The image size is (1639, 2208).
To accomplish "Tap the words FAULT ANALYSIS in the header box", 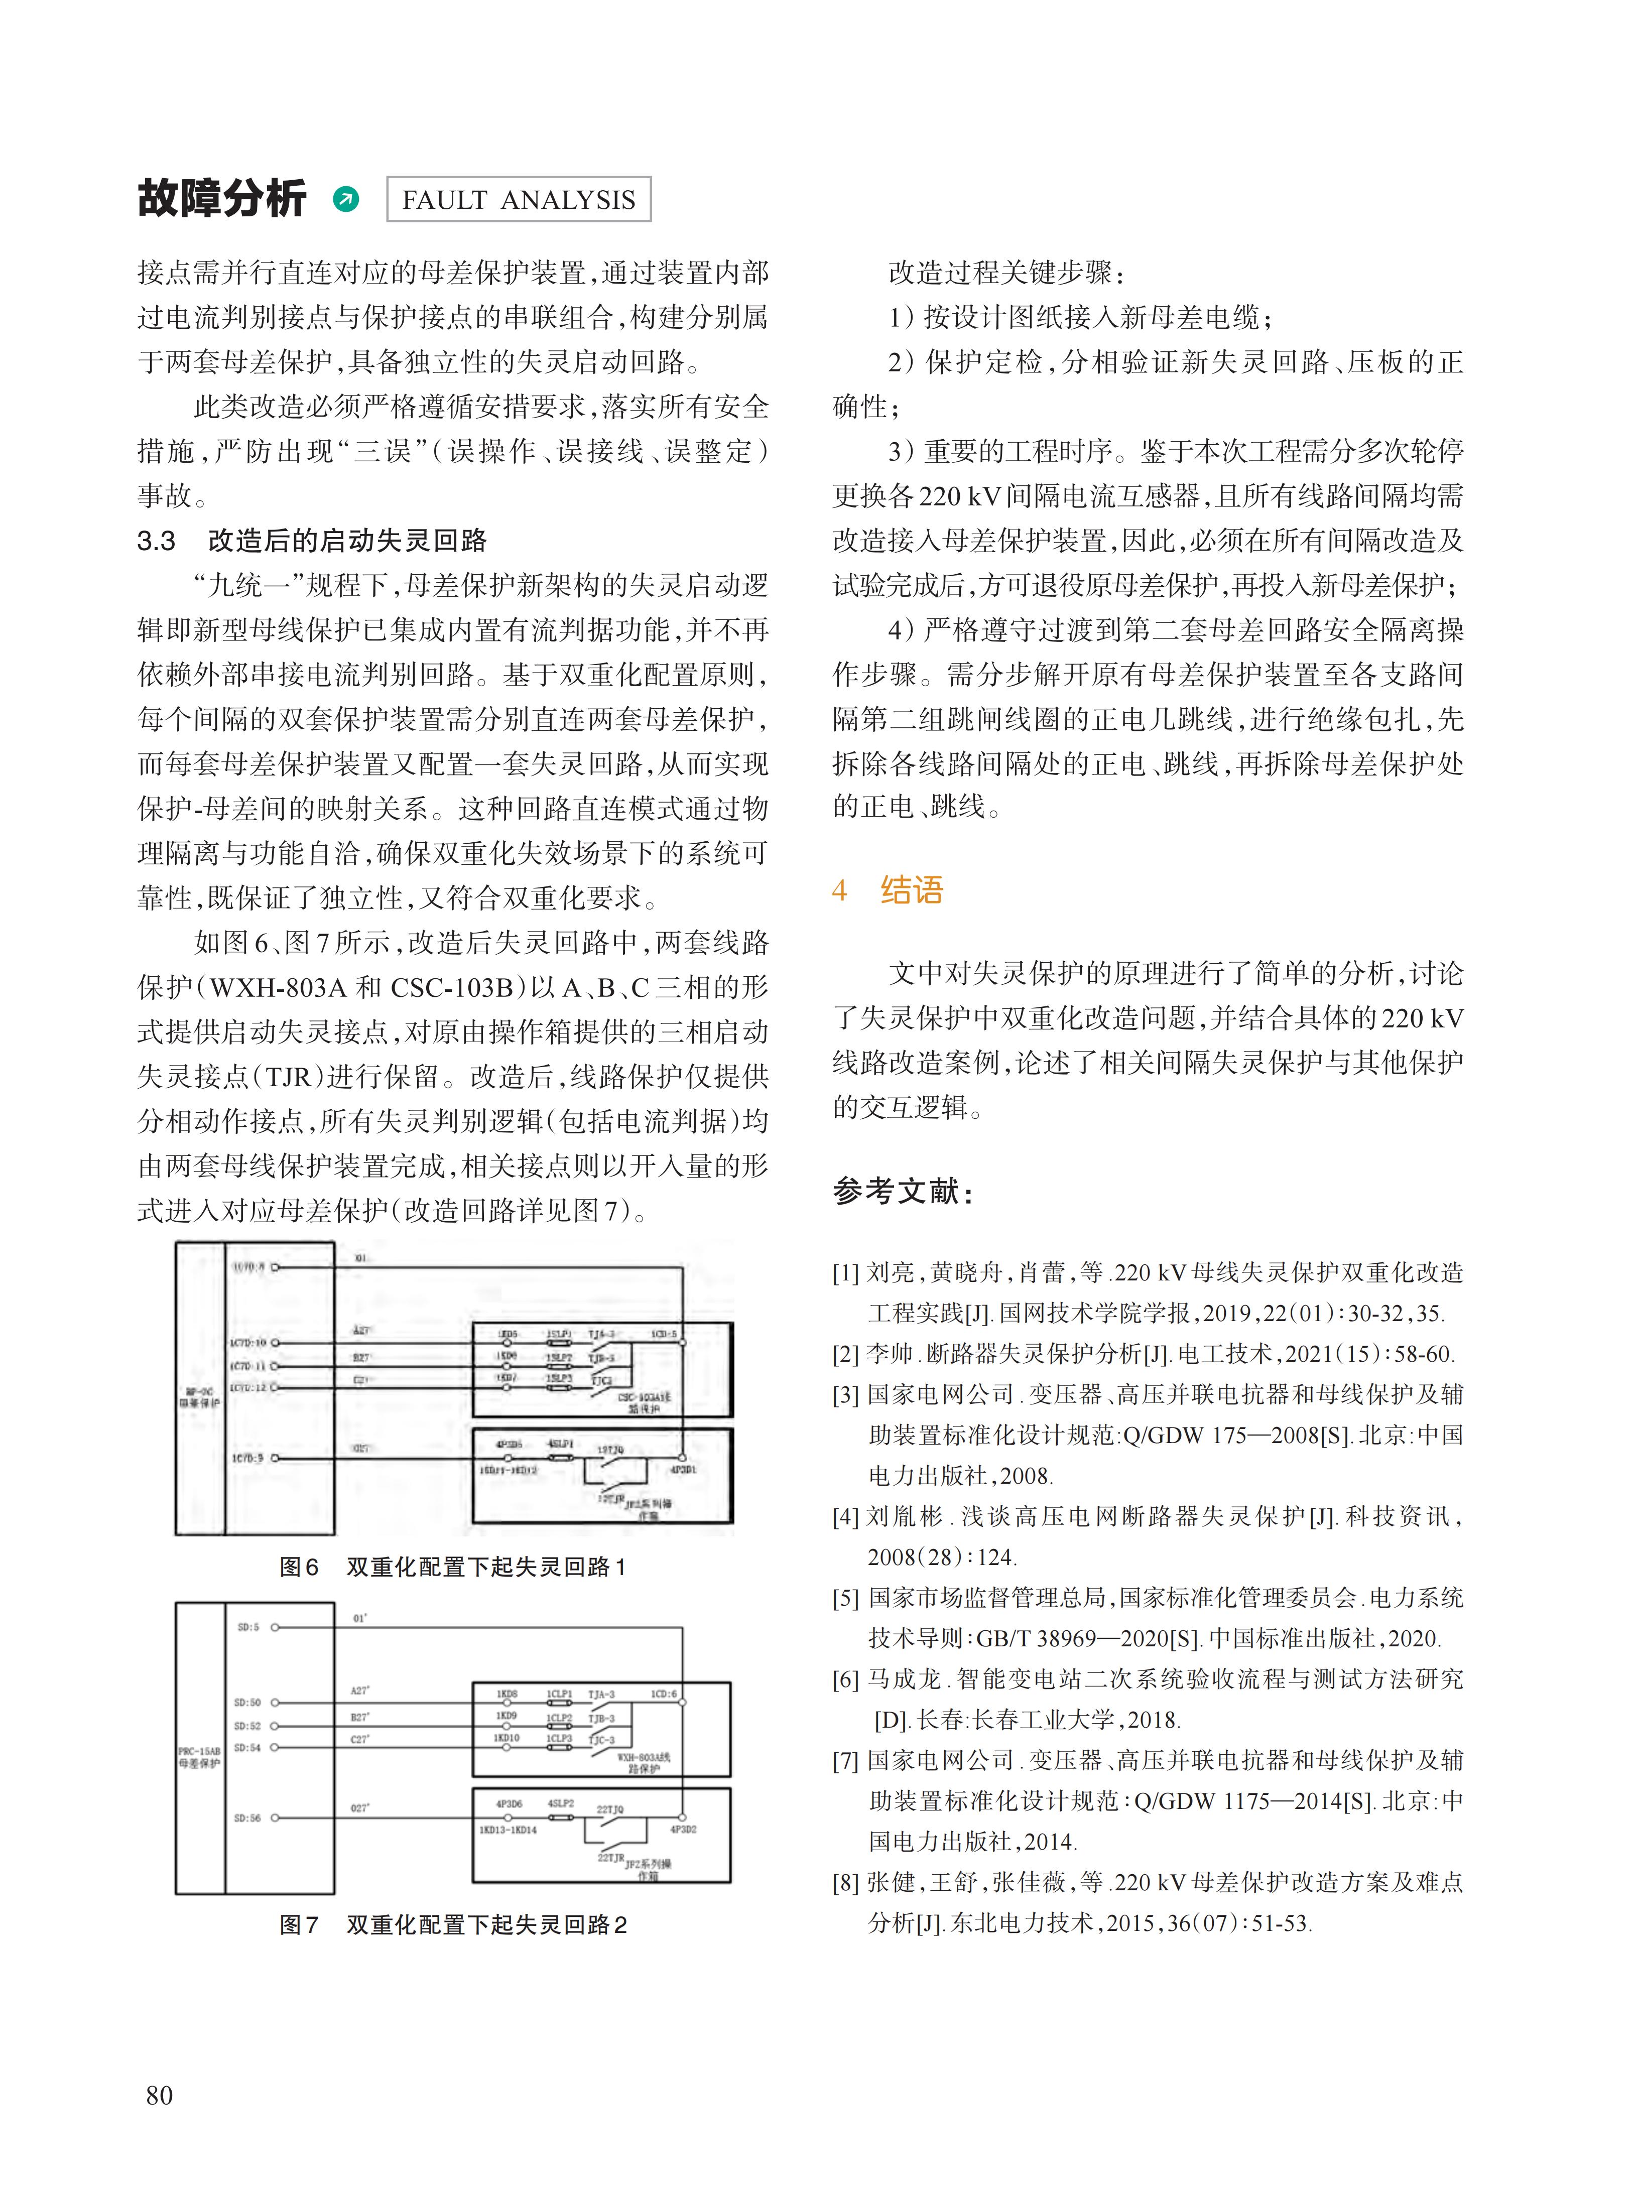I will pyautogui.click(x=518, y=200).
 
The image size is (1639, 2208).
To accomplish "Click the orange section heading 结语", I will pyautogui.click(x=911, y=890).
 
